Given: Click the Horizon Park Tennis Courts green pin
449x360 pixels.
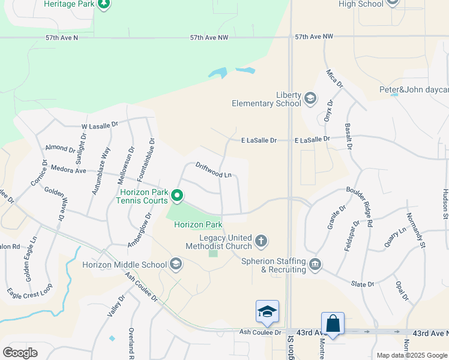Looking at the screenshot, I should tap(177, 195).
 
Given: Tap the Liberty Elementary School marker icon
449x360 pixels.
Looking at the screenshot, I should tap(310, 98).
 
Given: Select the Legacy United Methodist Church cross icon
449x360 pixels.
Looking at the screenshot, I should tap(261, 241).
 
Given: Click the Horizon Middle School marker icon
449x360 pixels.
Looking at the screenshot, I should tap(176, 264).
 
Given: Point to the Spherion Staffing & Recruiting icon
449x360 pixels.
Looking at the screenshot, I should tap(315, 265).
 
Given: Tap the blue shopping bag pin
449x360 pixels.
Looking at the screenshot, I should tap(333, 324).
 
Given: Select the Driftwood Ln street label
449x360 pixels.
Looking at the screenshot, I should tap(213, 170).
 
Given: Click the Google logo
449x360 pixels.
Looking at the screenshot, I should tap(20, 352).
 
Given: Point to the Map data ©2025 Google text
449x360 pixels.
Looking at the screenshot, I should tap(411, 355).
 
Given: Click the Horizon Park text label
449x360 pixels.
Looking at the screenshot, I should tap(198, 225).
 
